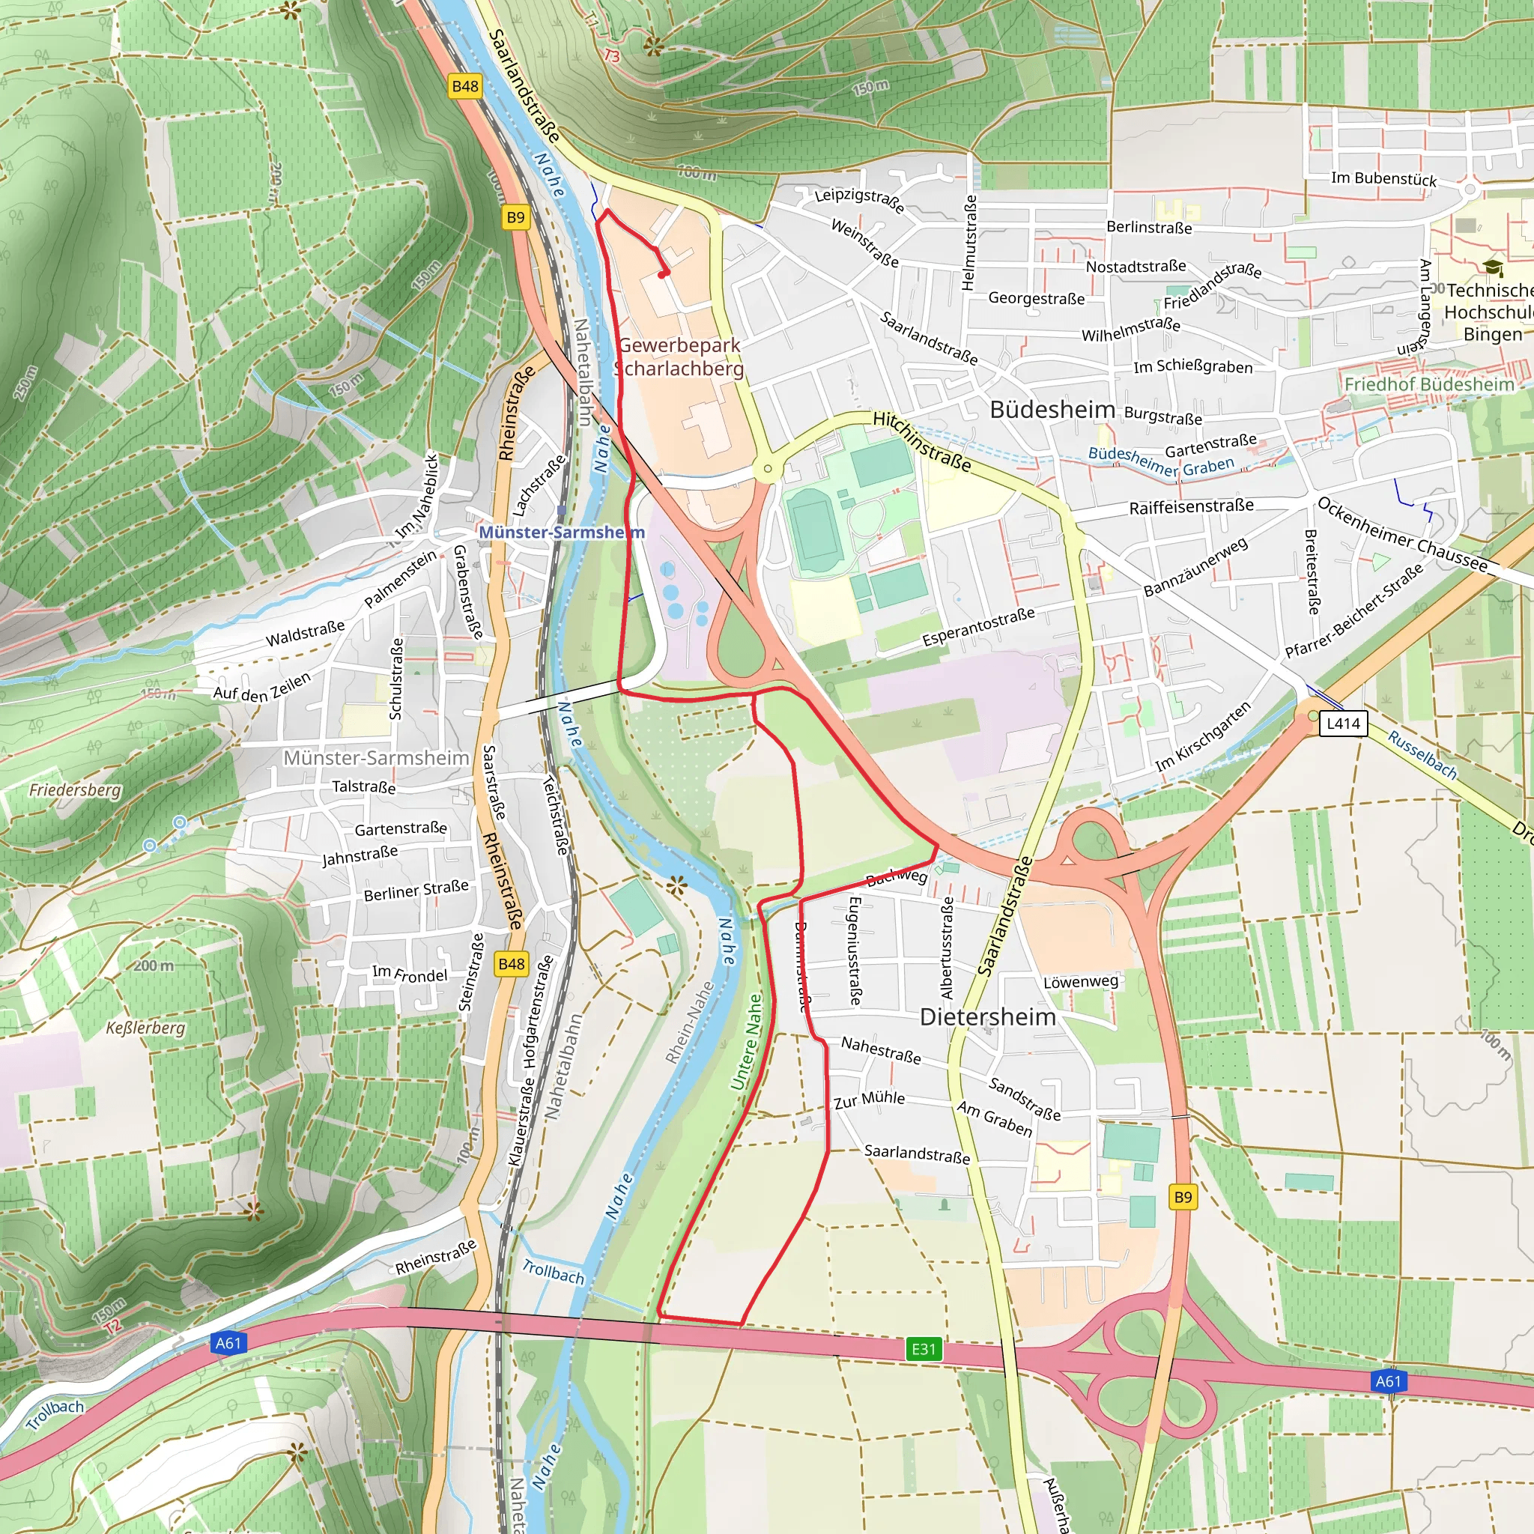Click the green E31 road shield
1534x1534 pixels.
(924, 1348)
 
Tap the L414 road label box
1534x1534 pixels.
(1343, 724)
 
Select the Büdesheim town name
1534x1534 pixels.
(1052, 410)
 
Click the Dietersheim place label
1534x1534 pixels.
(988, 1017)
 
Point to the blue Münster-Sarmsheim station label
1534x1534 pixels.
(560, 532)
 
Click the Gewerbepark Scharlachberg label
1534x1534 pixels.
(679, 357)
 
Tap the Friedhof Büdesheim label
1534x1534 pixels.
(1429, 384)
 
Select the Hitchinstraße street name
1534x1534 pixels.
(922, 441)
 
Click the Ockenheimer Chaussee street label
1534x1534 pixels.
(1401, 533)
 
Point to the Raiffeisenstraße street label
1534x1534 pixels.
(1191, 506)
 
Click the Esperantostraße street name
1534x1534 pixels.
(978, 626)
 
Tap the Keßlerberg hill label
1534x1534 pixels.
(145, 1028)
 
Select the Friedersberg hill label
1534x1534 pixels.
(75, 790)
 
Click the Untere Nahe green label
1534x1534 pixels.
(746, 1042)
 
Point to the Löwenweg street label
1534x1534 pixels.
(1080, 982)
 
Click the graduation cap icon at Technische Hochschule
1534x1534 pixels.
(1493, 267)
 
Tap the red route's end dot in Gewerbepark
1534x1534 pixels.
(663, 274)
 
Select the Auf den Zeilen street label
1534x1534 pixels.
(262, 687)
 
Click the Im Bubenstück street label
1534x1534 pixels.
(1383, 179)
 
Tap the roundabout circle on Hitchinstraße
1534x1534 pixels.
(767, 469)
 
